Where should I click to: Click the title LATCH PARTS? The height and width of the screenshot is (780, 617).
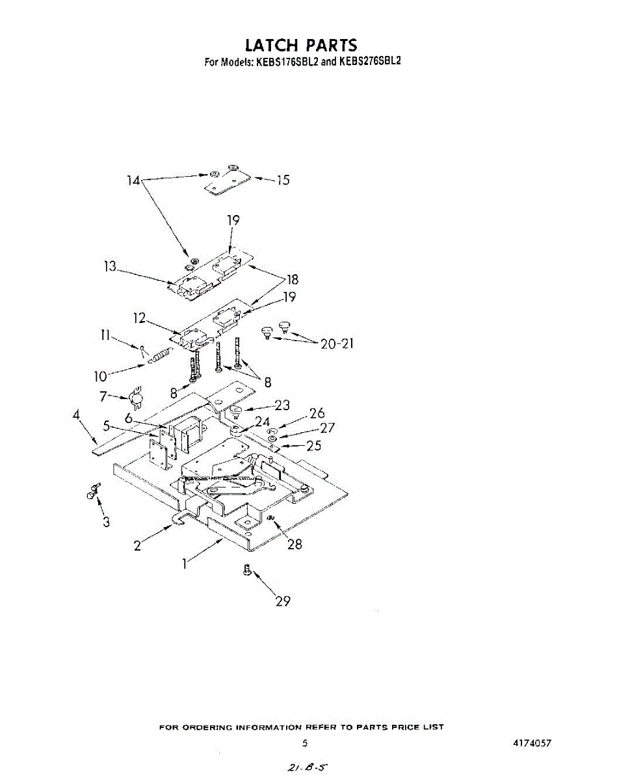[301, 45]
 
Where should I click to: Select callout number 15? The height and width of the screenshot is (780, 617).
[283, 180]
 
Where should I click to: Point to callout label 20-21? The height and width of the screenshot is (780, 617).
[337, 344]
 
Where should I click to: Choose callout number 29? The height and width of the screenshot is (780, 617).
[282, 601]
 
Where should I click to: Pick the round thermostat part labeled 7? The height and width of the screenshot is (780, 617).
[137, 398]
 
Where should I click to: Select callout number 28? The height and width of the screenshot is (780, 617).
[295, 544]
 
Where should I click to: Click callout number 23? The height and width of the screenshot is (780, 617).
[282, 406]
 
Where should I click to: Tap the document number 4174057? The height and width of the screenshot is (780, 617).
[531, 743]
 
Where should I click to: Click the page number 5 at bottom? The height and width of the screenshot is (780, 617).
[305, 743]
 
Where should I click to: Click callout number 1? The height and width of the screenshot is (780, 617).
[185, 564]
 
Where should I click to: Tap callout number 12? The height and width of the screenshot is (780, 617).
[138, 318]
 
